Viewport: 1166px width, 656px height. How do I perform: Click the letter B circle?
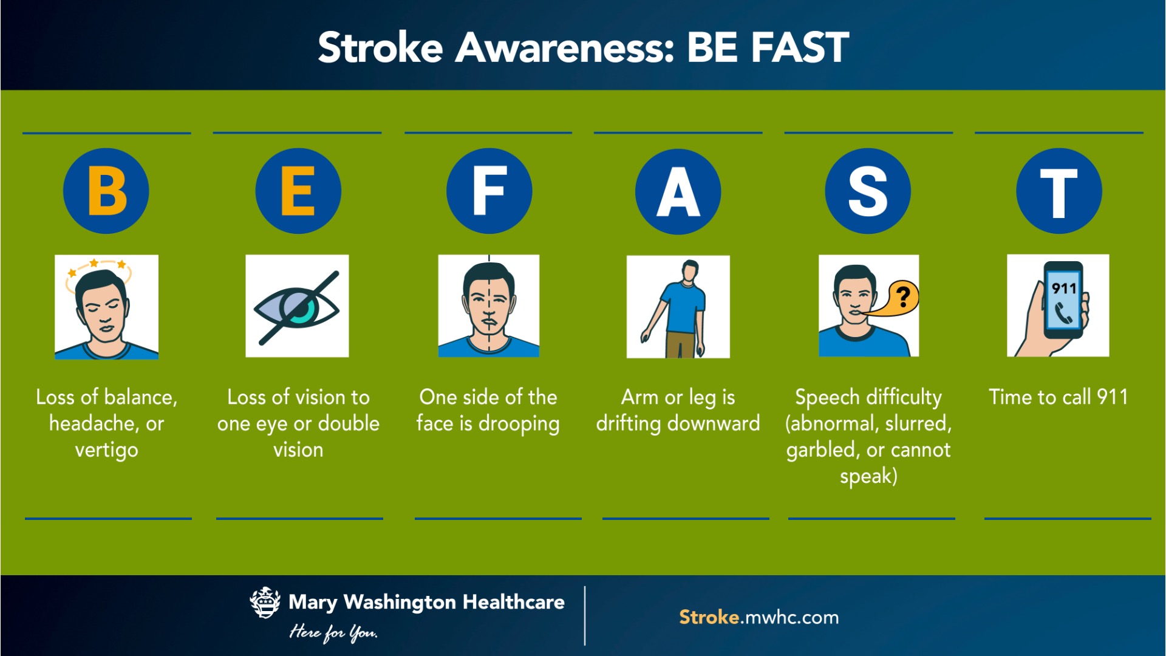click(106, 191)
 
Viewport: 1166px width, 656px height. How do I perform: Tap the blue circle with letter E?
click(298, 191)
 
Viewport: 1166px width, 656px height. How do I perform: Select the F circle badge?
click(489, 191)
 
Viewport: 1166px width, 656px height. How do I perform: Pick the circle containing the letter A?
click(678, 191)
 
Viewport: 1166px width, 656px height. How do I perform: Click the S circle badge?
click(868, 191)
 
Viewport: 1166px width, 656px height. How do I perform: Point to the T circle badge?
click(1059, 191)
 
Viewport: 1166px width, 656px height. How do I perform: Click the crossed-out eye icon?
click(297, 306)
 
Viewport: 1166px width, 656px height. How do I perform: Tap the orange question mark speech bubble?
click(901, 298)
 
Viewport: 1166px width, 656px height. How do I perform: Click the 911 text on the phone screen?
click(1064, 289)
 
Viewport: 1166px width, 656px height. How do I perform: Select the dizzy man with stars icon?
click(106, 306)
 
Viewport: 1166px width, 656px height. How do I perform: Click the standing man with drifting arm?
click(678, 306)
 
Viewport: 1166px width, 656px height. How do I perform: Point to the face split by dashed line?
click(489, 306)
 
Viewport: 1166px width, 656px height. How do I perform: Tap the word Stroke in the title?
click(380, 47)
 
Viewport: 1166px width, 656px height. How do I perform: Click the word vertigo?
click(106, 450)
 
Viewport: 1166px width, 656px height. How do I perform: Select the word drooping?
click(519, 424)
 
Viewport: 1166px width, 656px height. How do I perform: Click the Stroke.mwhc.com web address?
click(759, 617)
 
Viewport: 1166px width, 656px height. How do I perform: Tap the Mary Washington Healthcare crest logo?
click(265, 603)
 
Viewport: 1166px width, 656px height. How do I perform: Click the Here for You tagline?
click(333, 632)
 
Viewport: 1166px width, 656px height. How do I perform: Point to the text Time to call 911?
click(1059, 397)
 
